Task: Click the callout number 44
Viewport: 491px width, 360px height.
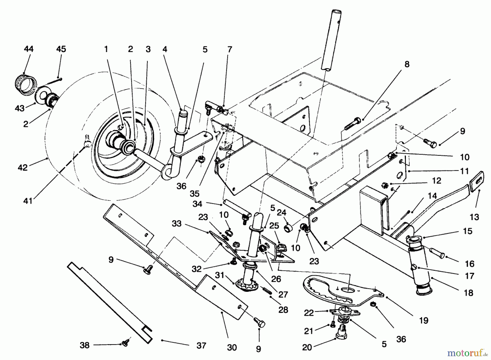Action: pos(29,49)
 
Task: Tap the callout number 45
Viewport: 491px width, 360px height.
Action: pos(61,49)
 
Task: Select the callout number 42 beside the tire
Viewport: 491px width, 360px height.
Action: pos(23,167)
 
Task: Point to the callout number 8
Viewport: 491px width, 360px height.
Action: pos(407,64)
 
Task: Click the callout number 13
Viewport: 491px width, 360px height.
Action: pos(474,217)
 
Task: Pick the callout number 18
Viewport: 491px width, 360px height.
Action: pos(469,293)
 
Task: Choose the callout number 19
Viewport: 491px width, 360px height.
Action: pos(424,320)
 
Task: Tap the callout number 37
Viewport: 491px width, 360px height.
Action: pos(201,346)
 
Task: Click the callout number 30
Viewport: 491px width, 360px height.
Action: pos(232,348)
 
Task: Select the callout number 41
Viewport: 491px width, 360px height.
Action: pos(28,201)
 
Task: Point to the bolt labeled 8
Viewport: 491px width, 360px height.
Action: pos(353,124)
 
